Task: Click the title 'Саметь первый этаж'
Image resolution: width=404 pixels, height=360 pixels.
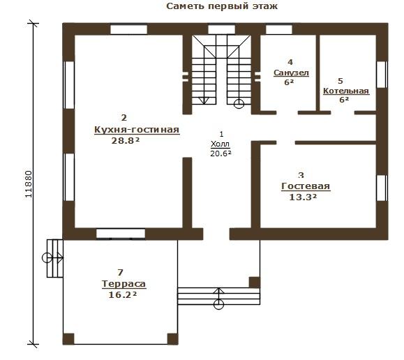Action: tap(222, 6)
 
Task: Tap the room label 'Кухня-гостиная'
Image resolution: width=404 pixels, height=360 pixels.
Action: tap(137, 129)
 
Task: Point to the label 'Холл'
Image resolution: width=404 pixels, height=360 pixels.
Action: tap(220, 144)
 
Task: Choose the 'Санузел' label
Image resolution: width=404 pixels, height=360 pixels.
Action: tap(291, 73)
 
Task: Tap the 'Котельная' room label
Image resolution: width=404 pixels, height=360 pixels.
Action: tap(346, 91)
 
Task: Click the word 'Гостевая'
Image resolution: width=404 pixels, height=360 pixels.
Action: tap(306, 186)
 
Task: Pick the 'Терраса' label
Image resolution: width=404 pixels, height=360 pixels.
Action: tap(124, 284)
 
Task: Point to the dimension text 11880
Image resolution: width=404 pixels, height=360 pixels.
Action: tap(29, 184)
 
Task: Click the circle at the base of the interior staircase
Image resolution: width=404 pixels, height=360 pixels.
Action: tap(239, 104)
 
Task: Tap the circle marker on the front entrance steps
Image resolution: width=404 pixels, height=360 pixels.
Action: tap(219, 304)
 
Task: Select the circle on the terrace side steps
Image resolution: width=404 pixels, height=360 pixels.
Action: tap(47, 257)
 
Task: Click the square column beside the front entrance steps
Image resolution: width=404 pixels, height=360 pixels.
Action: tap(254, 282)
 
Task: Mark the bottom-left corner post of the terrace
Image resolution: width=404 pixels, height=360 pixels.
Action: tap(68, 339)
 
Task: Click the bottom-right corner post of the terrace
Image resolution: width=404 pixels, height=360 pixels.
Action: tap(172, 339)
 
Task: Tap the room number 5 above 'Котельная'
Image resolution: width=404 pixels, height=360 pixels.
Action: tap(341, 81)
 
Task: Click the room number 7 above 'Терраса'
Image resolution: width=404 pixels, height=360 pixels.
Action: tap(120, 272)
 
